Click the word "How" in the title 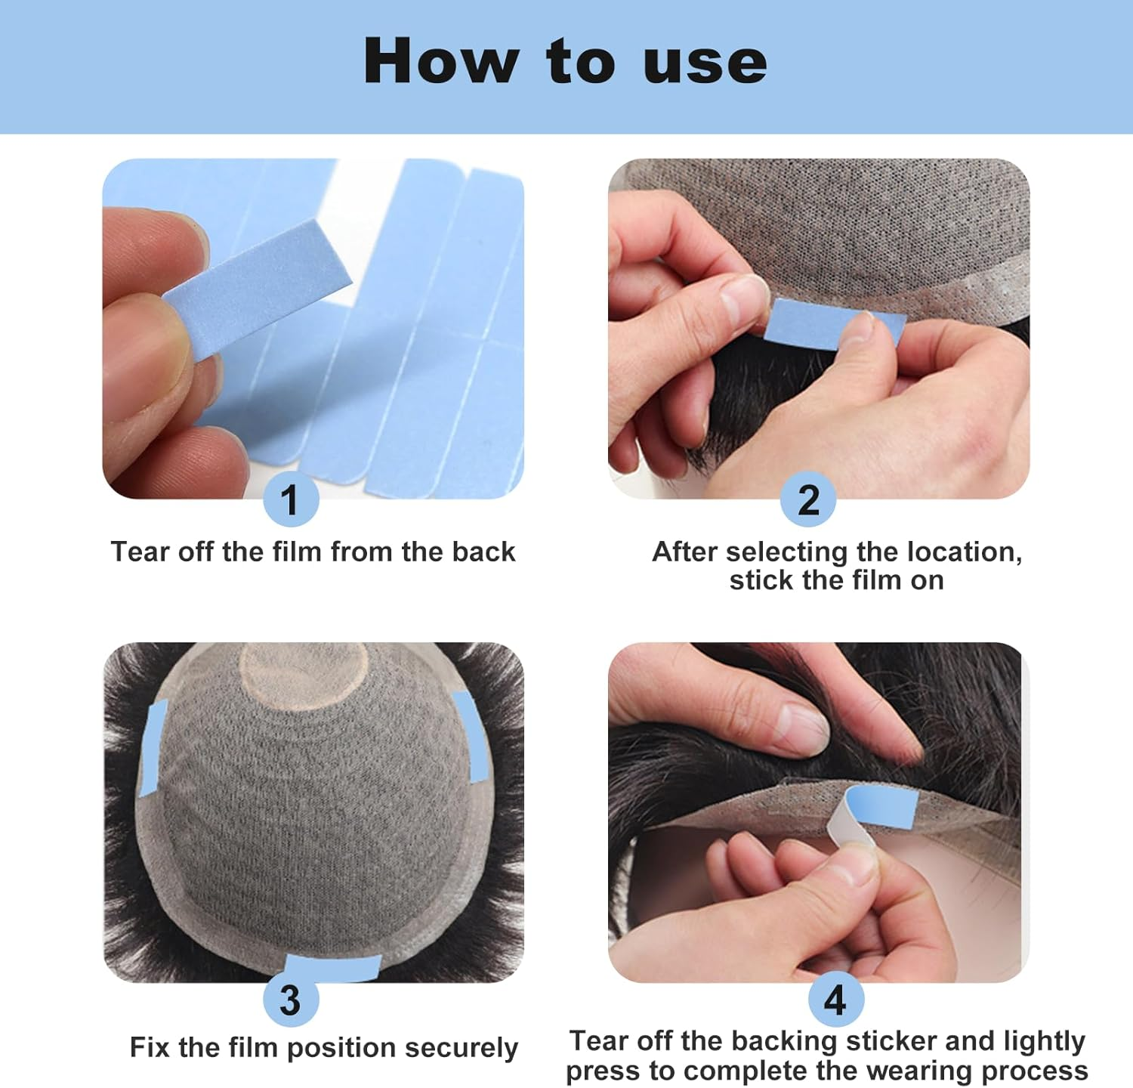[x=441, y=60]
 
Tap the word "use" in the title [x=705, y=63]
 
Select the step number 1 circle [x=290, y=499]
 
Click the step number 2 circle [x=808, y=499]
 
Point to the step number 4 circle [x=835, y=1000]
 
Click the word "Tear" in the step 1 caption [x=140, y=552]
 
